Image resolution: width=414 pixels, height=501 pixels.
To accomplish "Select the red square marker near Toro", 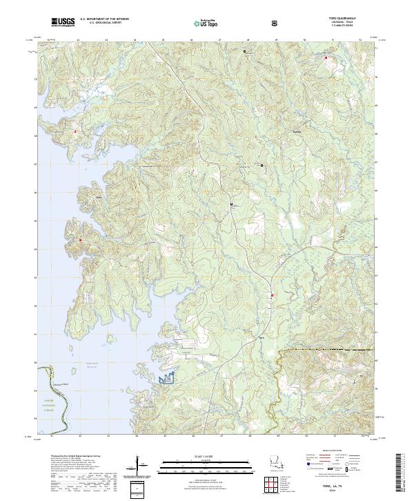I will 273,296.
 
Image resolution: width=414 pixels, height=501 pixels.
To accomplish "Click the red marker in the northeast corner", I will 326,57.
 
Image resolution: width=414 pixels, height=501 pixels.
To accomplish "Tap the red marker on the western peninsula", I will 80,240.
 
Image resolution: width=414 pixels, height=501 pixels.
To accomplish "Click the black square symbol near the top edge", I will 244,50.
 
